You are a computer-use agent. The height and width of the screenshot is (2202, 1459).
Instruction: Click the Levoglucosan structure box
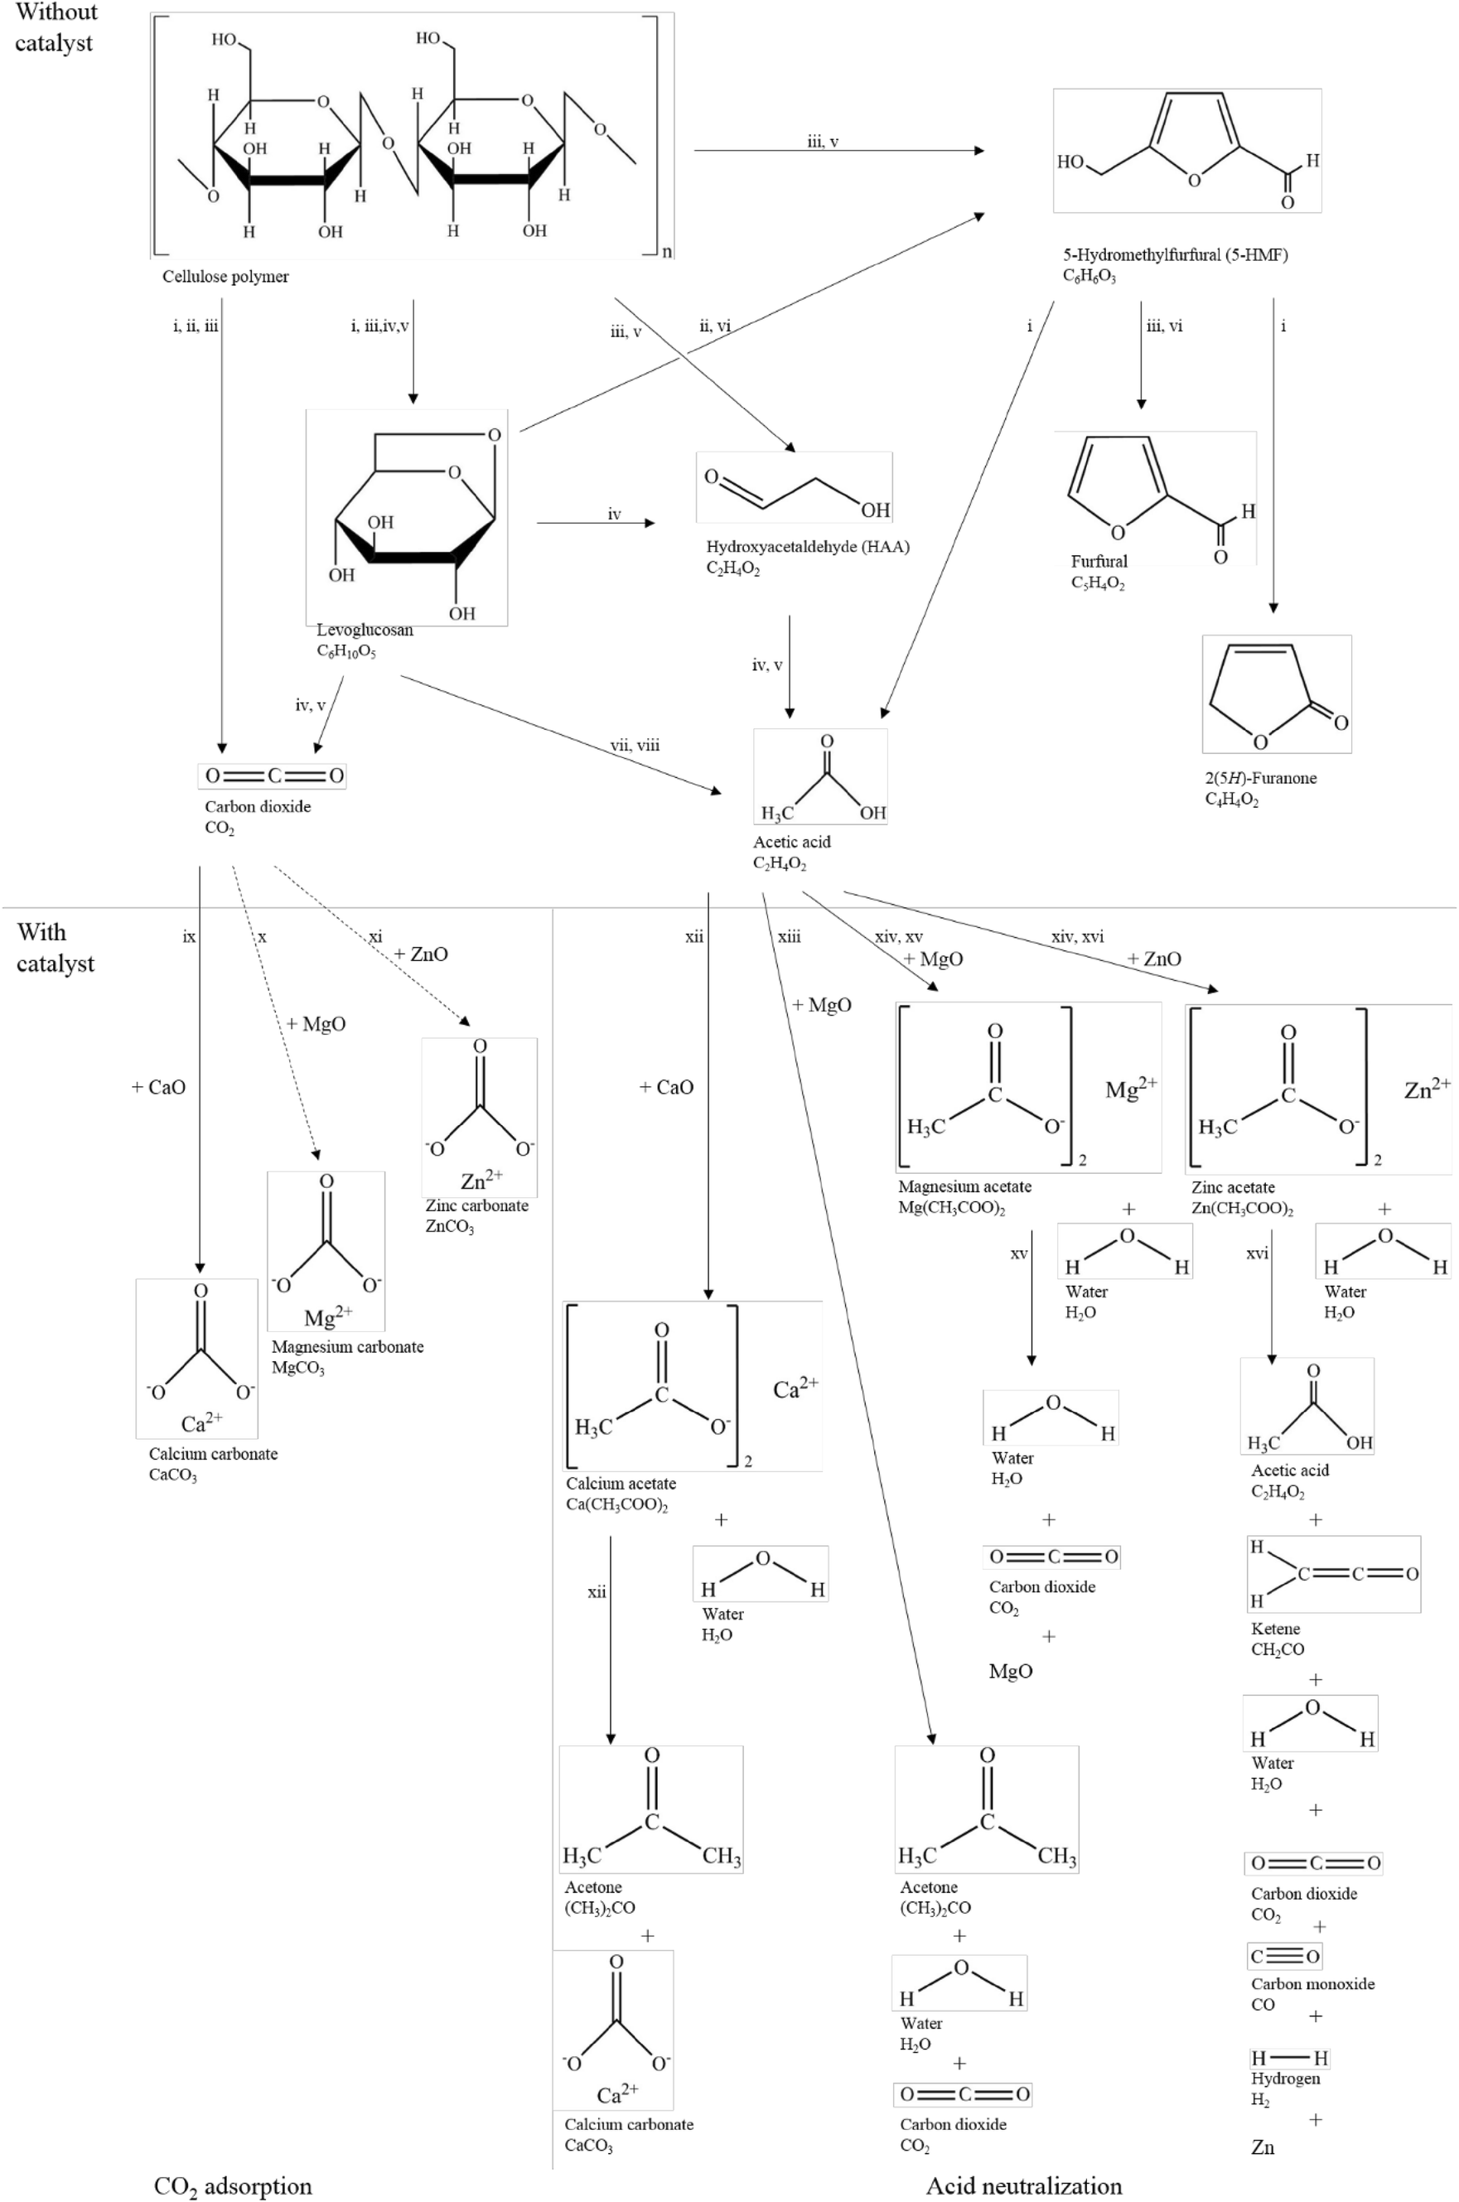(407, 517)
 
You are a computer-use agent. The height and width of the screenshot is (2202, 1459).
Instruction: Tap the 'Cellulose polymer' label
(225, 277)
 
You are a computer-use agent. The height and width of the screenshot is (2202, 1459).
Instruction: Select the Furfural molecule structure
(1156, 498)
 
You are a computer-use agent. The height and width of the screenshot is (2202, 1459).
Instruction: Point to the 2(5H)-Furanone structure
(1276, 694)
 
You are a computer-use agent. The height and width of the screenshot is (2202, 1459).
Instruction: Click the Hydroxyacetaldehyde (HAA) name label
(807, 547)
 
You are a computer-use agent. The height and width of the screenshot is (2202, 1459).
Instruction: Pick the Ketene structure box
(1332, 1574)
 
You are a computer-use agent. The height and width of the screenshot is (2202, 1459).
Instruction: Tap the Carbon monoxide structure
(1285, 1957)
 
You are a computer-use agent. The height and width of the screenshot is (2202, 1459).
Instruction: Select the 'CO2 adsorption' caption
(233, 2185)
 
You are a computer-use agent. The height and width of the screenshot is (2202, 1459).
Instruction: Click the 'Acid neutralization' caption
(1023, 2185)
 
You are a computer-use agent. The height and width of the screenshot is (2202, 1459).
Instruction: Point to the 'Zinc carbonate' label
(476, 1205)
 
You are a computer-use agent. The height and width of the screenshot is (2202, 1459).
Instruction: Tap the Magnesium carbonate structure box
(326, 1250)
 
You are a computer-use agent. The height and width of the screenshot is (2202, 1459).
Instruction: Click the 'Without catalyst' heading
(56, 28)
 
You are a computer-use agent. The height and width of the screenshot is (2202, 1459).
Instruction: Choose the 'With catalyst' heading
(55, 947)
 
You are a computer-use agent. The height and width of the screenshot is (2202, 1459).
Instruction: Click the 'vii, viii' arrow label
(635, 745)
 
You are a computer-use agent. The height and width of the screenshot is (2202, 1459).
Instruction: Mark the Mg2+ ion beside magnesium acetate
(1131, 1089)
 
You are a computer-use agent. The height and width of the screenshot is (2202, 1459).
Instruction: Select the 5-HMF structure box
(1186, 151)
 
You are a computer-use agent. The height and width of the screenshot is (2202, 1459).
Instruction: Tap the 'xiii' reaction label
(789, 937)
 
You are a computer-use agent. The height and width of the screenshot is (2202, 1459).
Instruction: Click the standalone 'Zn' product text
(1263, 2147)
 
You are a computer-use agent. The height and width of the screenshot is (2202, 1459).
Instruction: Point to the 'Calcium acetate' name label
(621, 1484)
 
